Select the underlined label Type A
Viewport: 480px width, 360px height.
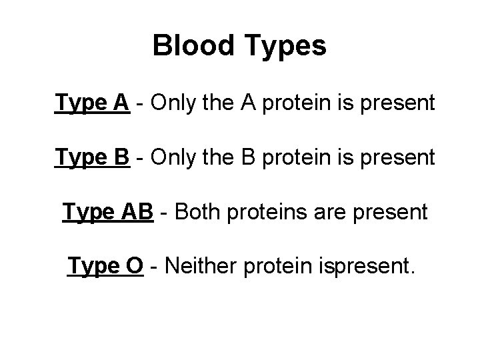click(x=92, y=103)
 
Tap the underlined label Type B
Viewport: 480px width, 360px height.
click(x=92, y=157)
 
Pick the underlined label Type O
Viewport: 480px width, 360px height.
click(x=105, y=267)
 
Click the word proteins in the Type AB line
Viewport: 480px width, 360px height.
click(x=265, y=212)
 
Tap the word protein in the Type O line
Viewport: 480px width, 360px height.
click(x=273, y=267)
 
